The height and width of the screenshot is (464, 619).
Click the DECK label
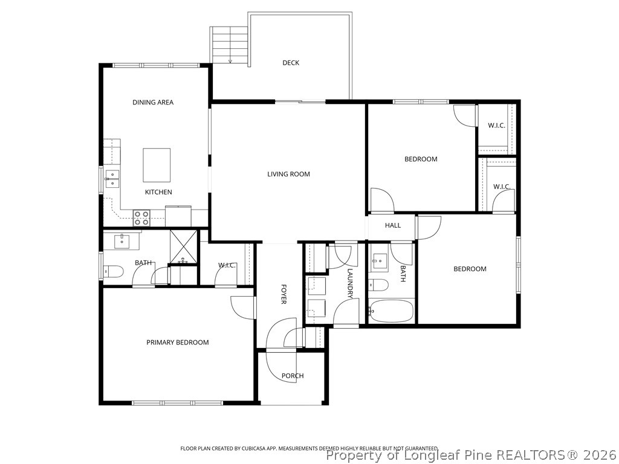[x=291, y=63]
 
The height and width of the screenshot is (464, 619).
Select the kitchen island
[x=157, y=165]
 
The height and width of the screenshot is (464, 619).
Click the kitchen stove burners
[x=141, y=218]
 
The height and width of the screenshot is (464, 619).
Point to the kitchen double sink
[x=112, y=179]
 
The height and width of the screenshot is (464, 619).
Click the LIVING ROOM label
[x=288, y=174]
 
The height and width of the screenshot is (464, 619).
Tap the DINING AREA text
[x=153, y=102]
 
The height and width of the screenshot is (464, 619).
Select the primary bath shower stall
[x=184, y=247]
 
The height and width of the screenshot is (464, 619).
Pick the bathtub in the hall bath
[x=392, y=312]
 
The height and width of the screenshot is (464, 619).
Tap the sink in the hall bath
[x=380, y=263]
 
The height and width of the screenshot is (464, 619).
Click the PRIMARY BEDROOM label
[x=178, y=342]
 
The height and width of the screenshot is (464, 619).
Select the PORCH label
[x=293, y=376]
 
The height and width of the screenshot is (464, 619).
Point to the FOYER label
[x=283, y=294]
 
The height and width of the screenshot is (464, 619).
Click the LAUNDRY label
[x=349, y=283]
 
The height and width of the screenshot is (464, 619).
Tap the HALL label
[x=393, y=225]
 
